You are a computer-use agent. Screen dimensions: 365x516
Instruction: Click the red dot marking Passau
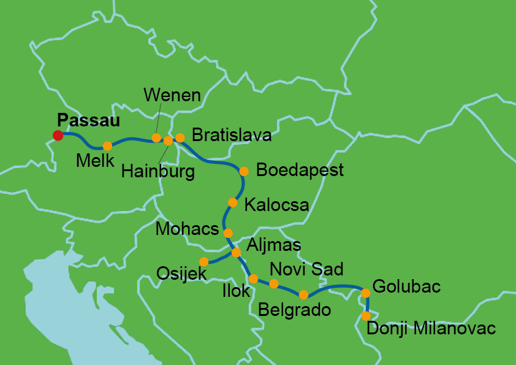pos(58,135)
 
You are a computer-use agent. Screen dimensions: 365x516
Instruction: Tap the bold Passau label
pos(88,120)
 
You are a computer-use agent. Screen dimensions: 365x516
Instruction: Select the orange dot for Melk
pos(107,146)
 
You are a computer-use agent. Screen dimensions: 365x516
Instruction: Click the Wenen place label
pos(172,95)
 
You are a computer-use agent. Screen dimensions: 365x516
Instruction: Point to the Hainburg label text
pos(157,172)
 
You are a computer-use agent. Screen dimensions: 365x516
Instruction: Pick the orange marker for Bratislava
pos(180,137)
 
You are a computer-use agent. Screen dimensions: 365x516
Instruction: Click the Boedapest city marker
pos(244,171)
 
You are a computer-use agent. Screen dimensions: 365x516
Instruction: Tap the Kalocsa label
pos(276,205)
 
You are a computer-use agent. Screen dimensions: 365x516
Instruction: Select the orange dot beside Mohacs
pos(228,233)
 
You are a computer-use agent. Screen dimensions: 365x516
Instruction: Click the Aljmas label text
pos(273,245)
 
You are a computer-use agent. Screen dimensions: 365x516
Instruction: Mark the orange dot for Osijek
pos(204,261)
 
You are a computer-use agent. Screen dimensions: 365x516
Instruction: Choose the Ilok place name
pos(236,290)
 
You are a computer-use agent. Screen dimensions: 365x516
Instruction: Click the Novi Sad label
pos(306,269)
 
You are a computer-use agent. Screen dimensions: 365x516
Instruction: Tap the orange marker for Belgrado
pos(303,294)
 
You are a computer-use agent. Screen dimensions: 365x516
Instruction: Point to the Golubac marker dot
pos(366,293)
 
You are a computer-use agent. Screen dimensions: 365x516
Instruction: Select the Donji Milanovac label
pos(430,329)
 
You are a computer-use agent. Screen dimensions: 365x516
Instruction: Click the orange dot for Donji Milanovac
pos(366,316)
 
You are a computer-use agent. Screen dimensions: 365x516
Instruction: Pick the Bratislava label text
pos(231,135)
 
